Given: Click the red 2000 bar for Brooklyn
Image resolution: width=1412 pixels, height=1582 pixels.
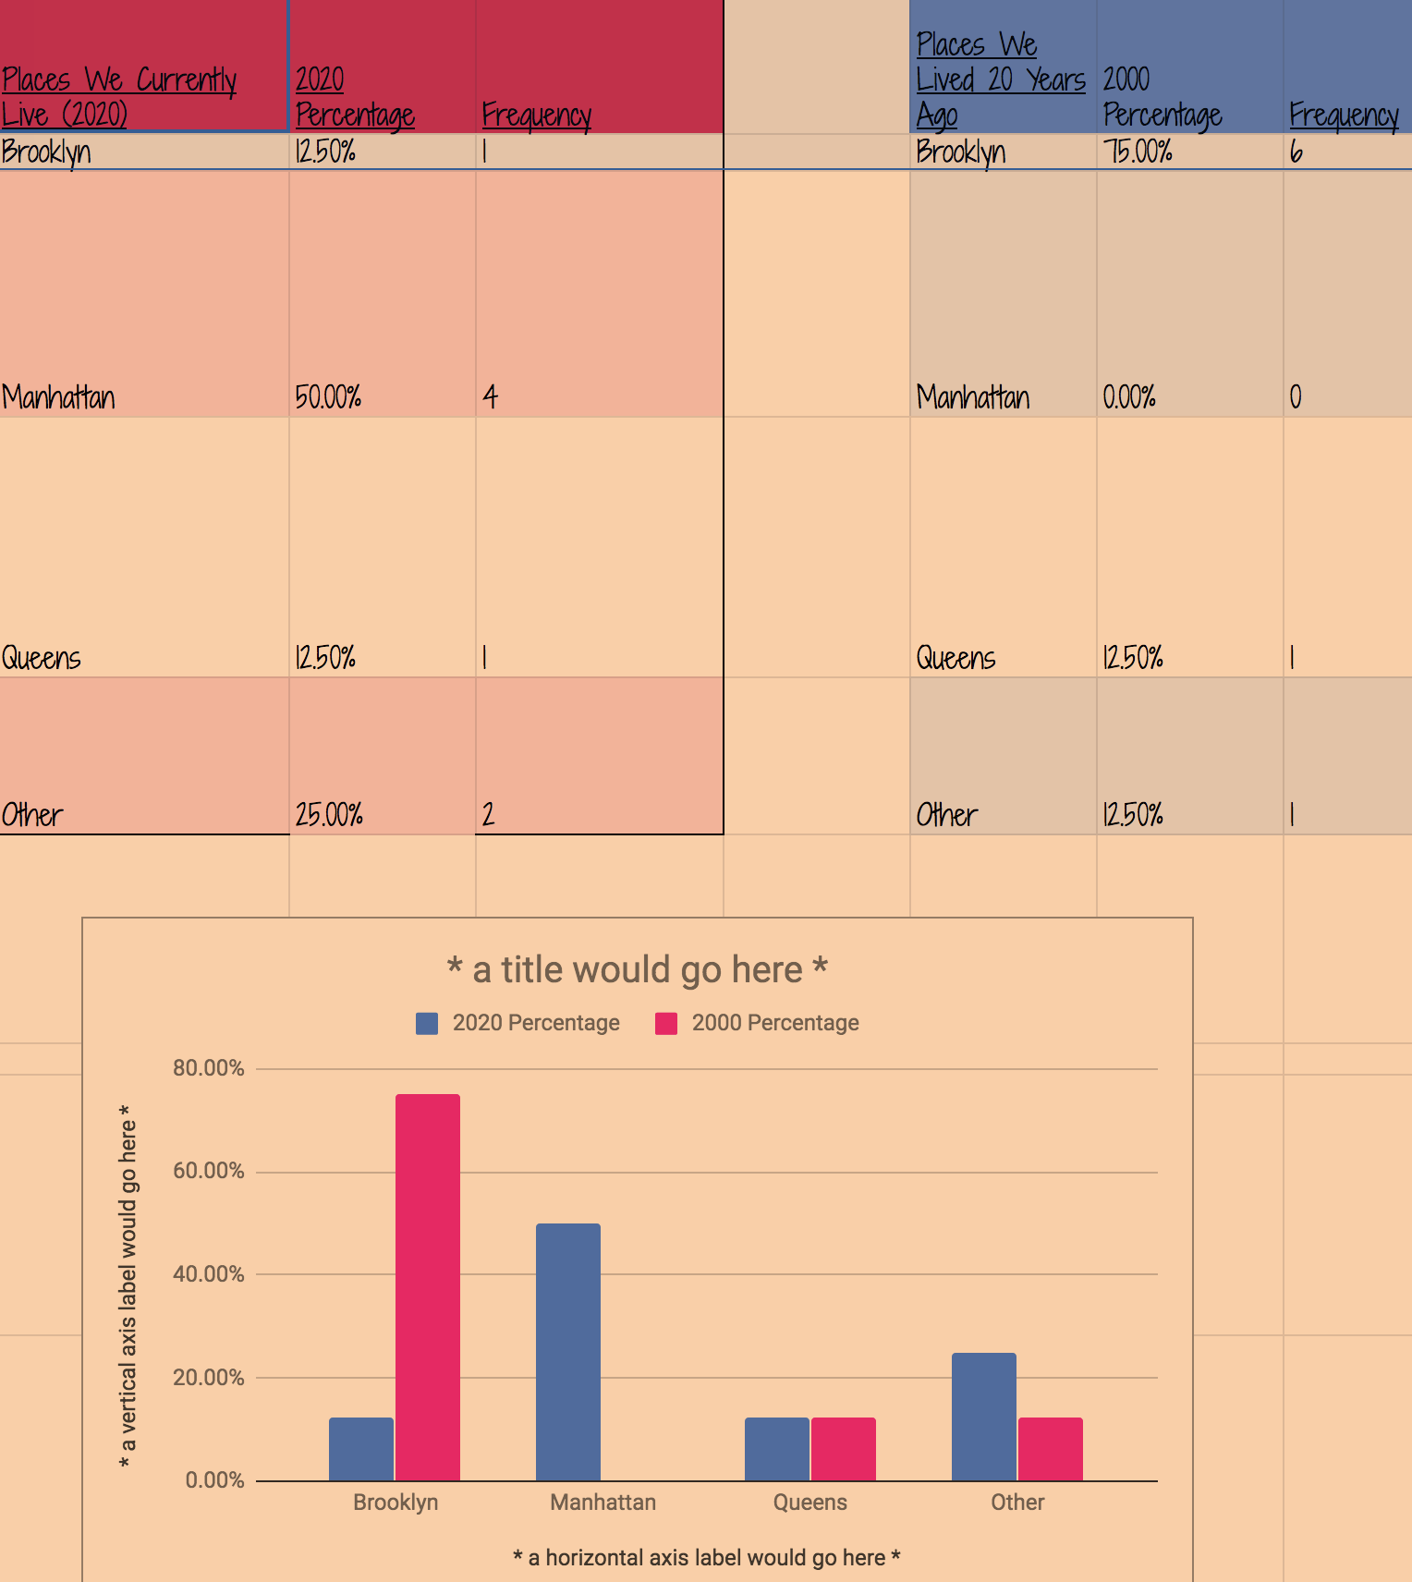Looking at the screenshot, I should [x=428, y=1286].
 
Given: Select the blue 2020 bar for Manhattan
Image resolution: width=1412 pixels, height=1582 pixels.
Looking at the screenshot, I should [x=568, y=1351].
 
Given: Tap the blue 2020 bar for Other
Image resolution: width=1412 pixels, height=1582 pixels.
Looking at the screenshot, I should [x=984, y=1416].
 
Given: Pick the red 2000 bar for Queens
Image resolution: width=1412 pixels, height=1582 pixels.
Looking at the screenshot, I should [x=844, y=1448].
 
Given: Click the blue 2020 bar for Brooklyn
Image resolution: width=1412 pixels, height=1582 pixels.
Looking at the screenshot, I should [x=361, y=1448].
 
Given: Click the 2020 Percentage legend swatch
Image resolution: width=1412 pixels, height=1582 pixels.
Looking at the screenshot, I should [x=427, y=1023].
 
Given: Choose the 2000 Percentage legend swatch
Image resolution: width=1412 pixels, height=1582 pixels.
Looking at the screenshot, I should [x=666, y=1023].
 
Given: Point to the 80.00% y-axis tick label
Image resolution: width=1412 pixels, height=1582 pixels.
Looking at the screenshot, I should [x=209, y=1068].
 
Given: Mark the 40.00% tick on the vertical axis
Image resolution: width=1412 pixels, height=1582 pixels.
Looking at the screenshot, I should [x=209, y=1274].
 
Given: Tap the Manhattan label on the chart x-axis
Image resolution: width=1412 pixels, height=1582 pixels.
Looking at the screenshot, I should [x=603, y=1503].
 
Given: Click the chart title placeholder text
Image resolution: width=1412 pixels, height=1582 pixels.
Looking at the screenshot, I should [x=638, y=970].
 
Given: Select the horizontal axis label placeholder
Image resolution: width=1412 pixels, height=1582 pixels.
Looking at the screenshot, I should [x=707, y=1558].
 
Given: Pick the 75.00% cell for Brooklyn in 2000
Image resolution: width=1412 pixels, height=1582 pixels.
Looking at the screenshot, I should [x=1138, y=152].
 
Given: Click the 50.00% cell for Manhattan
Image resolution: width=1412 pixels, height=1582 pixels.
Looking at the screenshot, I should [x=329, y=397].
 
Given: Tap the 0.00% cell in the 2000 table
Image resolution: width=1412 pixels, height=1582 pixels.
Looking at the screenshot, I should [x=1129, y=397].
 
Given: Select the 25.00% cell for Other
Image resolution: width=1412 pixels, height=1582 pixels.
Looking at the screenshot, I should [x=329, y=815].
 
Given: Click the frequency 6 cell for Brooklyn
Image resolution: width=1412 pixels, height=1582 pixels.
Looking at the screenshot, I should [x=1296, y=152].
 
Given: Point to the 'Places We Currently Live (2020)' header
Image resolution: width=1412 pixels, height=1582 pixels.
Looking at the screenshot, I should [x=119, y=97].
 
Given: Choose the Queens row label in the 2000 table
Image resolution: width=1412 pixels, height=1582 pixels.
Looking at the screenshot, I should [x=956, y=658].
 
